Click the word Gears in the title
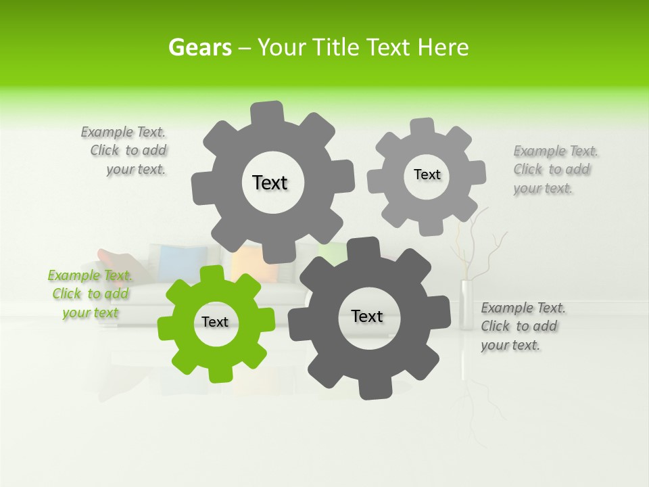(199, 47)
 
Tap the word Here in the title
(443, 47)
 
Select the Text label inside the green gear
(215, 322)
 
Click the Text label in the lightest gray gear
(427, 175)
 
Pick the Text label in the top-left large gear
(270, 183)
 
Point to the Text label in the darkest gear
(367, 316)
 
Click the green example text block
(90, 294)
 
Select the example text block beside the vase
(523, 326)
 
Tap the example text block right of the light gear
(555, 169)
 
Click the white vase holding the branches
(466, 304)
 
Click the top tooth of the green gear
(212, 274)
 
